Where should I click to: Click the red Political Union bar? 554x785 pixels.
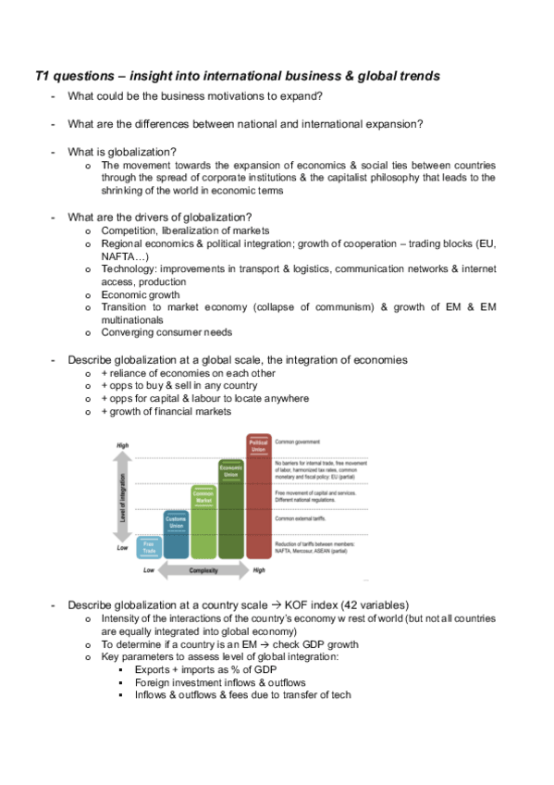[x=259, y=505]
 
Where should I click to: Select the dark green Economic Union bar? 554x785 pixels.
[x=231, y=518]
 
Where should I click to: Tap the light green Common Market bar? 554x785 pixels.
[x=203, y=530]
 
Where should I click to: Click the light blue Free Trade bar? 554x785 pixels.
[x=149, y=549]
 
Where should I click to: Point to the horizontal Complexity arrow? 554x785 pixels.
[x=203, y=571]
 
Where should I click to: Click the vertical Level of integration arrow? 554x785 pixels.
[x=123, y=499]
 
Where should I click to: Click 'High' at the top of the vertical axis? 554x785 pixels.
[x=122, y=445]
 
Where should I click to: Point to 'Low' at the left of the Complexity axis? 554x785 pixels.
[x=148, y=571]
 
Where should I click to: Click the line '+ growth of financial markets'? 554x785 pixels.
[x=166, y=411]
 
